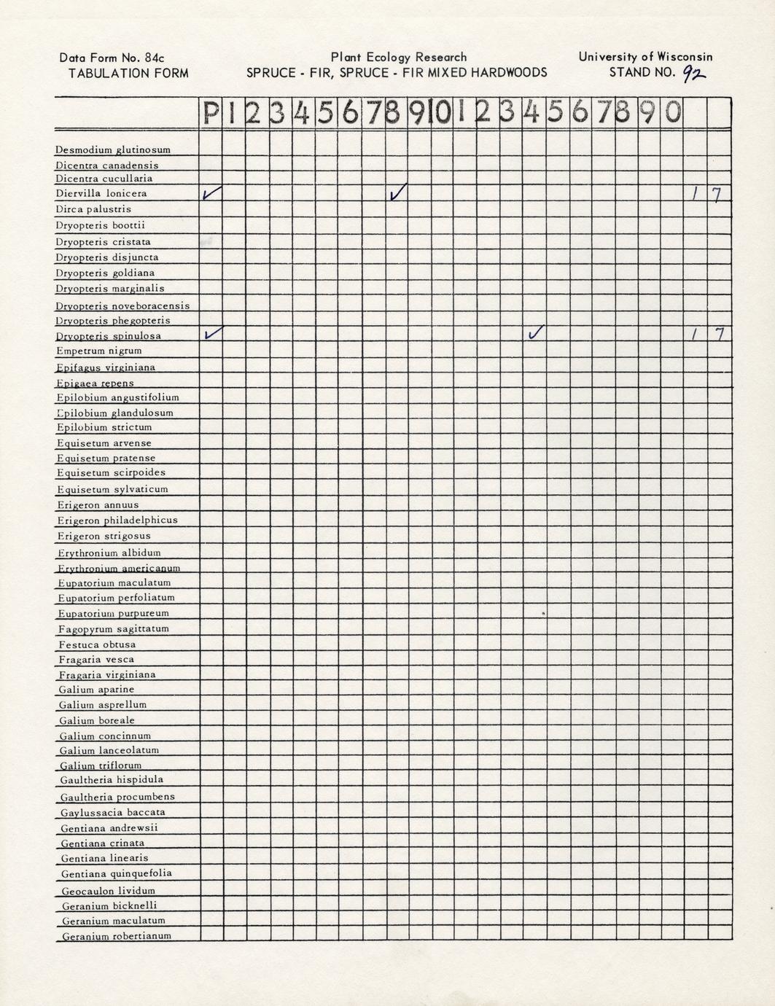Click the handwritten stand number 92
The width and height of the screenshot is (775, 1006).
[x=694, y=72]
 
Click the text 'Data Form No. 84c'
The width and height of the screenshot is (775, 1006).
[x=117, y=58]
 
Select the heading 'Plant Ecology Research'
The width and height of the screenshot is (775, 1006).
[x=398, y=57]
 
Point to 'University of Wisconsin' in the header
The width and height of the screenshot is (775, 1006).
[x=645, y=56]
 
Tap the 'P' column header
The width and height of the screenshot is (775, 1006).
[x=211, y=113]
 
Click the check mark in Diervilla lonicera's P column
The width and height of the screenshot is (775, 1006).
[x=211, y=193]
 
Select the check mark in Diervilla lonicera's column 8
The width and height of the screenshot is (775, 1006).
[x=398, y=192]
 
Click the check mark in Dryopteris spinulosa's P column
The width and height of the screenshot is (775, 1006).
[x=212, y=334]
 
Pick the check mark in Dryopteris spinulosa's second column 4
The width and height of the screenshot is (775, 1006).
[x=535, y=333]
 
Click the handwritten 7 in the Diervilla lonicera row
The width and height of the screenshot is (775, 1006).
[x=718, y=194]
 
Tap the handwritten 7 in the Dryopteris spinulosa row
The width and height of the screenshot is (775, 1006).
[x=719, y=335]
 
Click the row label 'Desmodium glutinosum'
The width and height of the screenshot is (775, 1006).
[x=113, y=149]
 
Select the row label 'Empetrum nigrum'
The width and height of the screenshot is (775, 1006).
[x=99, y=351]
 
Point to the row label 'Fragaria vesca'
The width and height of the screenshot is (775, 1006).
[x=96, y=659]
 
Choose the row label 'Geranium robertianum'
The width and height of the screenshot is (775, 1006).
[x=117, y=936]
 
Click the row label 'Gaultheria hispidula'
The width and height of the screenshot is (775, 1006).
[x=112, y=779]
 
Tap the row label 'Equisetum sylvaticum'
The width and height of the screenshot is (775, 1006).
[x=112, y=489]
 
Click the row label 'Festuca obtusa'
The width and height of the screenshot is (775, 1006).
[x=97, y=644]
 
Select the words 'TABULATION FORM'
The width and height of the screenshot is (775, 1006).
[x=128, y=73]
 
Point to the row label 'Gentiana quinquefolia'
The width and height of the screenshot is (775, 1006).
[x=117, y=873]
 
